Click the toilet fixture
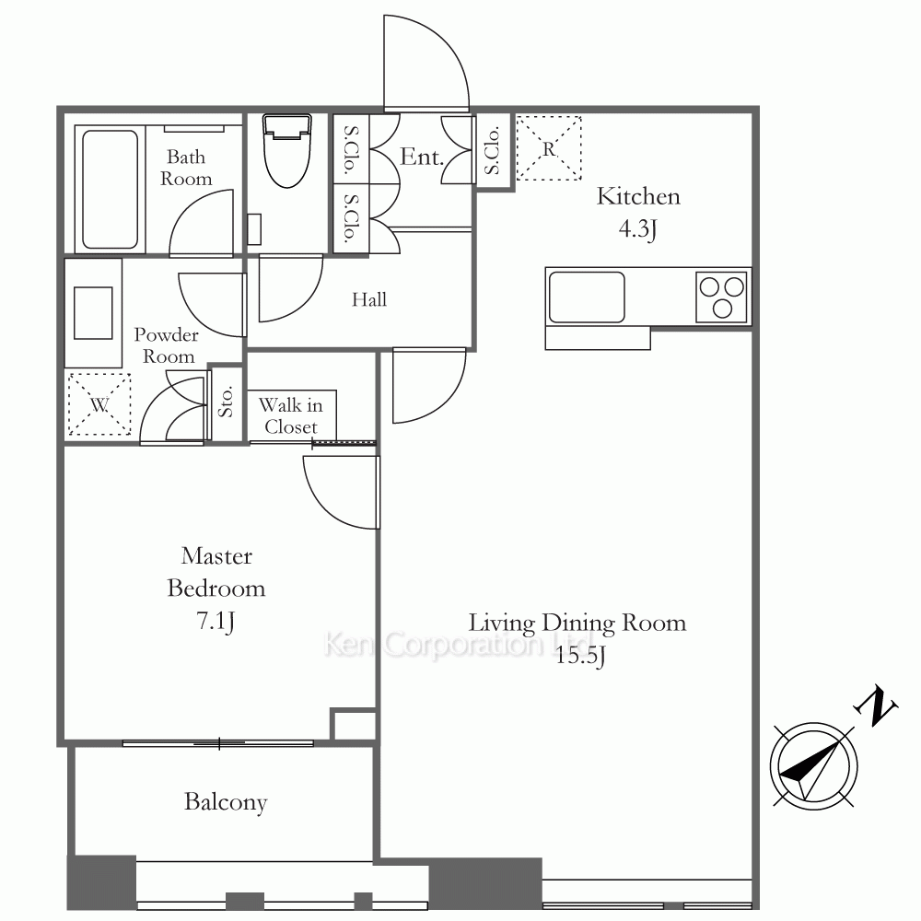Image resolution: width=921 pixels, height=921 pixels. click(x=286, y=150)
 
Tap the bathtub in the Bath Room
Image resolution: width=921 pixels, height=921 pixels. click(x=110, y=189)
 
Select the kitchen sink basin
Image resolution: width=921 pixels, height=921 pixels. click(x=586, y=297)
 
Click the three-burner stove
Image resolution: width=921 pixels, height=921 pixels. click(x=722, y=297)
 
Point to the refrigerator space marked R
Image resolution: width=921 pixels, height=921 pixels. click(x=549, y=148)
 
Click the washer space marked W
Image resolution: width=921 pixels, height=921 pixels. click(x=99, y=404)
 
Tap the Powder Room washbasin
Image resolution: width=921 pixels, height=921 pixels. click(x=93, y=313)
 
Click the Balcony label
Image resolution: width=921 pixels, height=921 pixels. click(x=226, y=802)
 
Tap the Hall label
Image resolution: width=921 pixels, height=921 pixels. click(x=369, y=299)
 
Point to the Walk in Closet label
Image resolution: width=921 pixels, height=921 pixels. click(x=291, y=416)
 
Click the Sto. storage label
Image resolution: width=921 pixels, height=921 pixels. click(x=226, y=402)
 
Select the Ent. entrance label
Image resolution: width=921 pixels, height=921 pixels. click(x=422, y=157)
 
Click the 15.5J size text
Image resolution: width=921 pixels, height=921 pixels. click(x=580, y=656)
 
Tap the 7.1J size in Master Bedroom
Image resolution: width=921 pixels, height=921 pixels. click(x=216, y=621)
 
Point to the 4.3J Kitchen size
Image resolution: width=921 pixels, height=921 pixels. click(x=637, y=228)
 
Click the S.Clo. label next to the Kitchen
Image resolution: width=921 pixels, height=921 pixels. click(x=492, y=150)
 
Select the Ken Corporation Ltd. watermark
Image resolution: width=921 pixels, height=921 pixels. click(x=457, y=644)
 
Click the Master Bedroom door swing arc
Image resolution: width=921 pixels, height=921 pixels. click(x=329, y=504)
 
